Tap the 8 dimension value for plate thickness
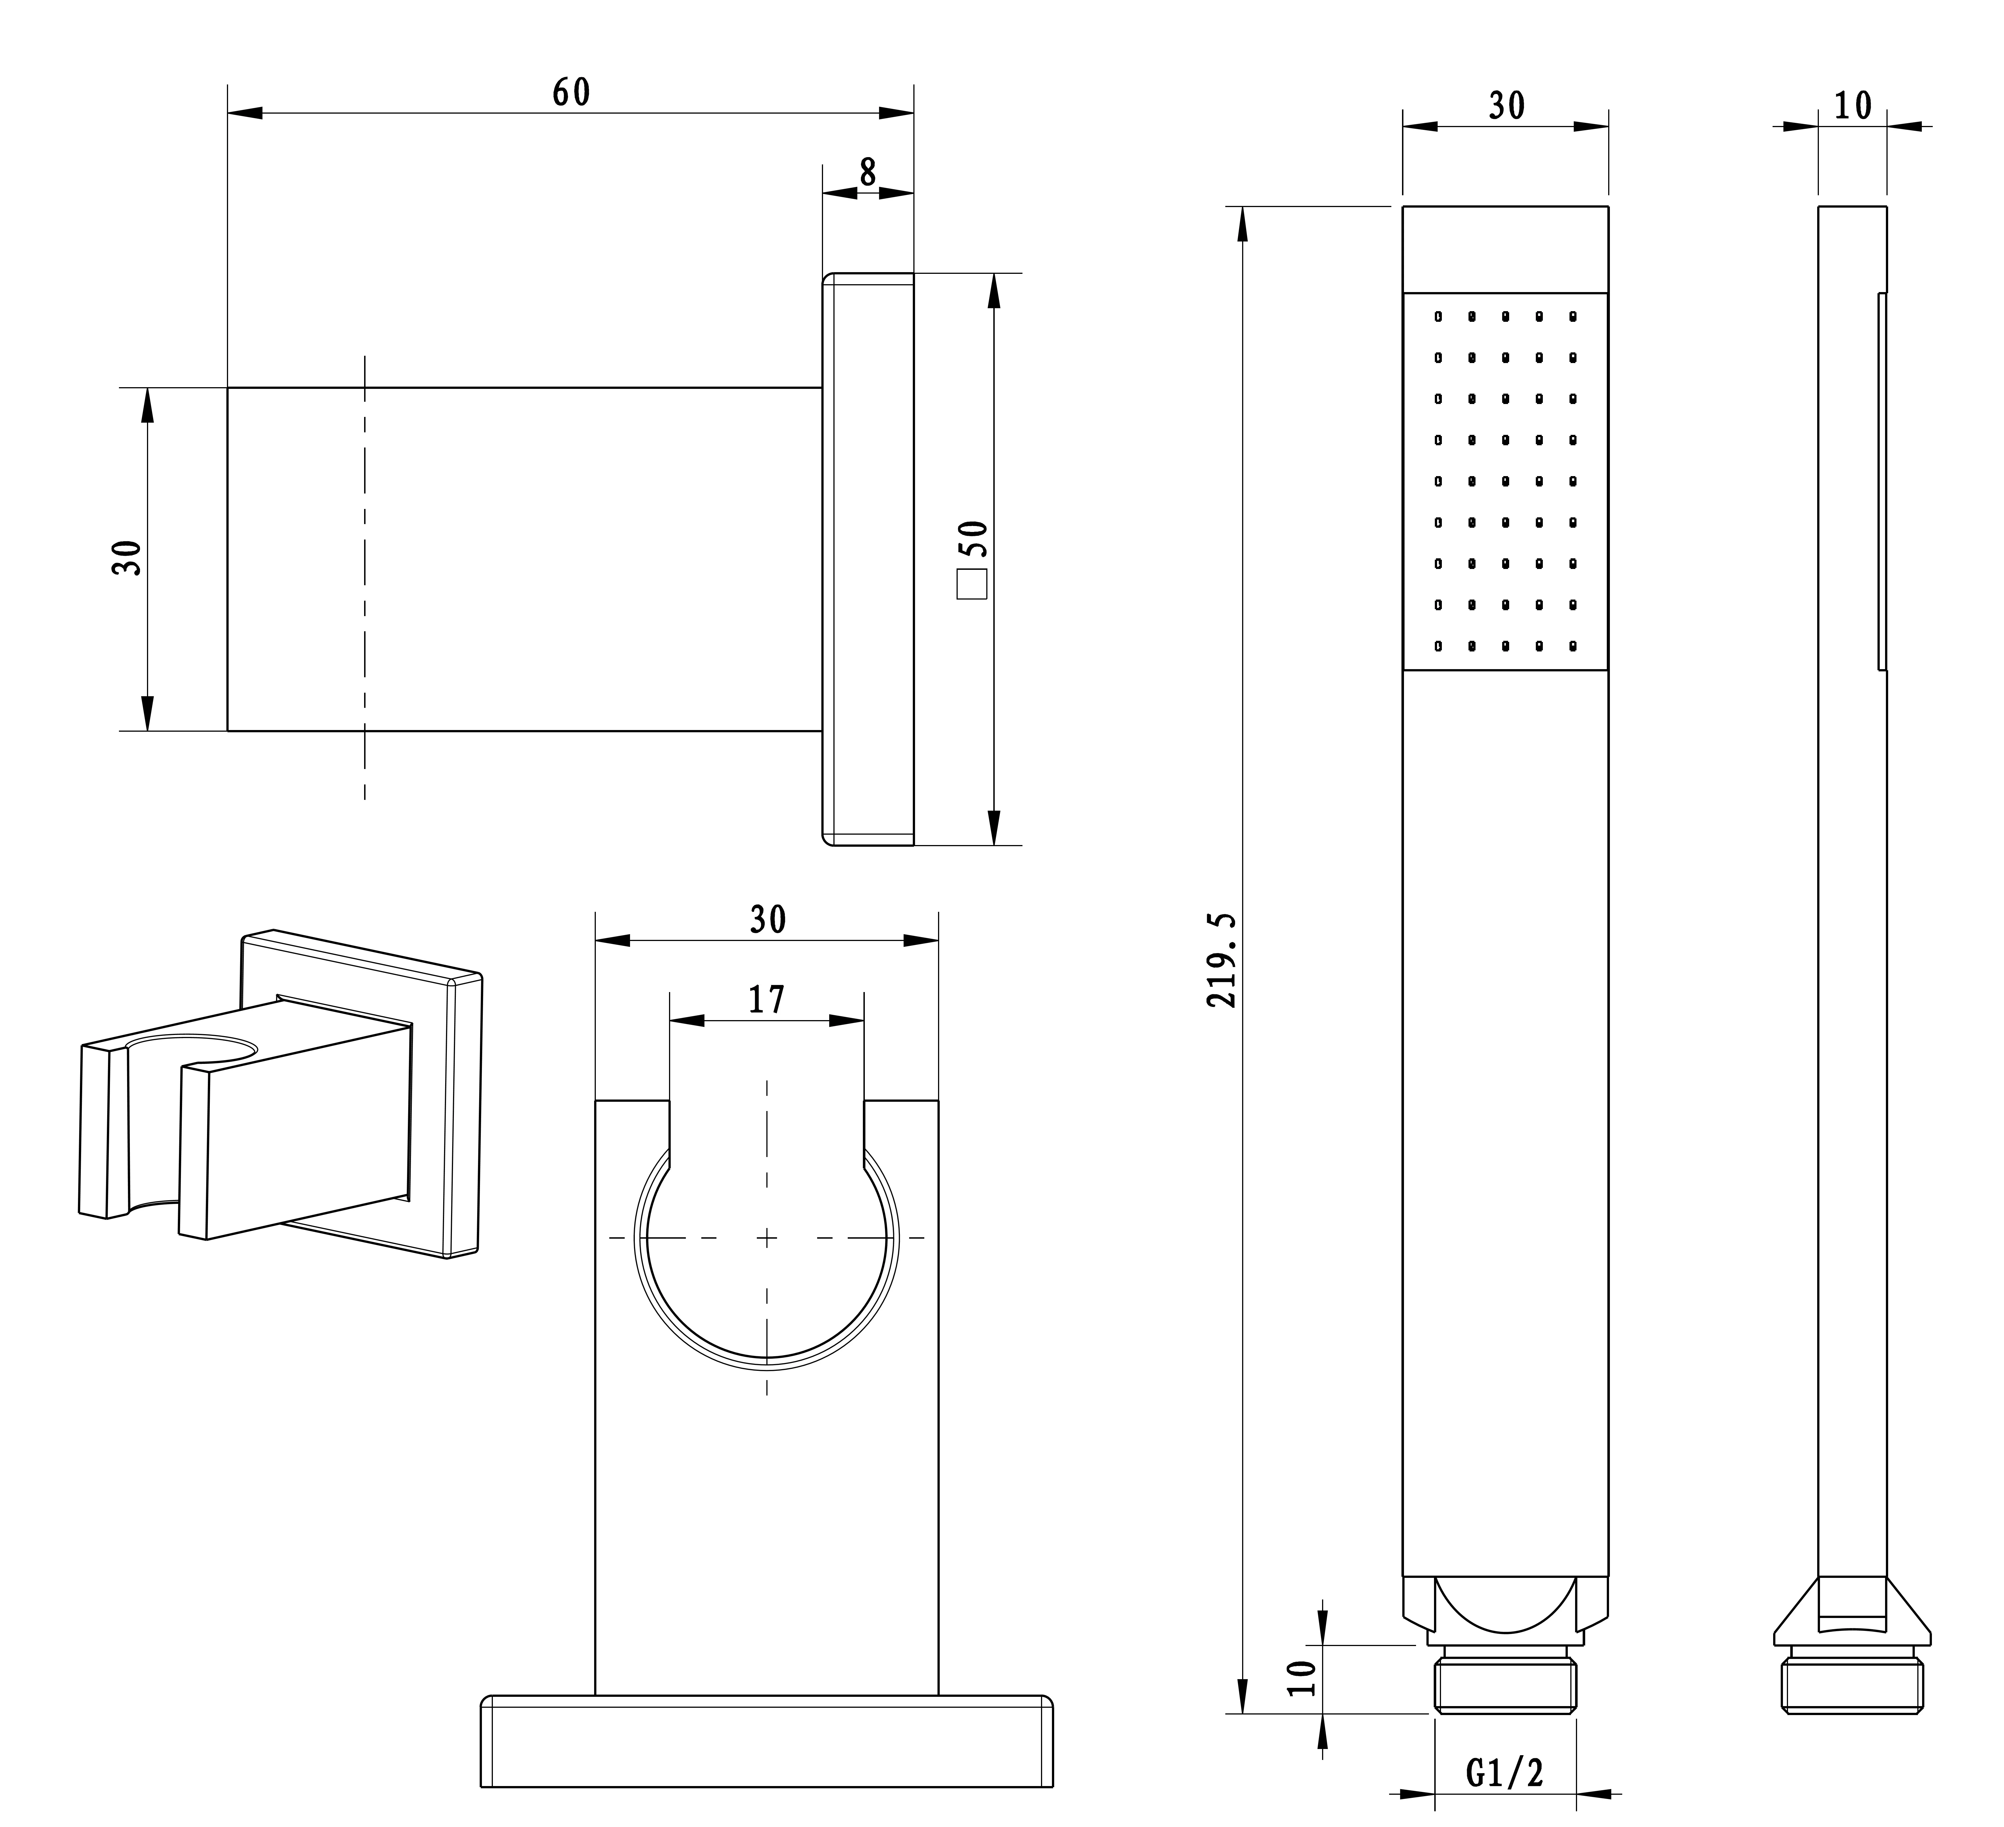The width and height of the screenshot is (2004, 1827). click(x=868, y=172)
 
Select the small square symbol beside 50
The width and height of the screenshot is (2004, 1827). click(x=971, y=584)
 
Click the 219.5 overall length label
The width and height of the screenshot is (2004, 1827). click(x=1222, y=961)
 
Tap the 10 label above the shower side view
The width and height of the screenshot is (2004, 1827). click(x=1853, y=105)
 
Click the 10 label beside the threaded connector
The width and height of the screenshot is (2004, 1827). click(x=1302, y=1679)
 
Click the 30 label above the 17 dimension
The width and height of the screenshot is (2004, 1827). click(x=767, y=919)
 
